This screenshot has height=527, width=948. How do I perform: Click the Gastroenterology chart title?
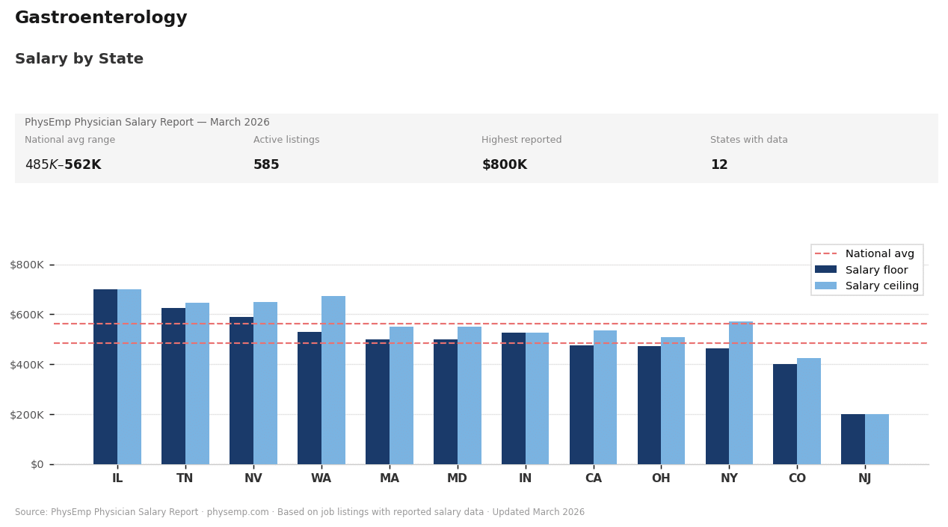[x=101, y=19]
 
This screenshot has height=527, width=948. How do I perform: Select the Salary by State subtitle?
[x=79, y=59]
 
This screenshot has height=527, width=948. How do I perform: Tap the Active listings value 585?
[x=266, y=165]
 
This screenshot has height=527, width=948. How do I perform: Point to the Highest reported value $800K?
[x=504, y=165]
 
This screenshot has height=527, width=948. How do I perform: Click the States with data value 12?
[x=718, y=165]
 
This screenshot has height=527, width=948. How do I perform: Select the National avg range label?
[x=70, y=141]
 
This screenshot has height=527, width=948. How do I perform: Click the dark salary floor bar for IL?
[x=105, y=377]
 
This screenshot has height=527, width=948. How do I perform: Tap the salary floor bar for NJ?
[x=853, y=439]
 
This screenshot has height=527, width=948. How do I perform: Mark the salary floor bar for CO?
[x=785, y=414]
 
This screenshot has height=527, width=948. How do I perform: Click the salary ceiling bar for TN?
[x=197, y=383]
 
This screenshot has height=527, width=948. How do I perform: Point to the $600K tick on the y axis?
[x=31, y=315]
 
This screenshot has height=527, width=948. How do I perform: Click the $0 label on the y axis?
[x=37, y=464]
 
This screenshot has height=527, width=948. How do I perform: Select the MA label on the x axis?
[x=390, y=479]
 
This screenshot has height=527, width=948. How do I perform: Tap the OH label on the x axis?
[x=661, y=479]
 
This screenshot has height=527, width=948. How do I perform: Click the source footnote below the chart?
[x=300, y=513]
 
